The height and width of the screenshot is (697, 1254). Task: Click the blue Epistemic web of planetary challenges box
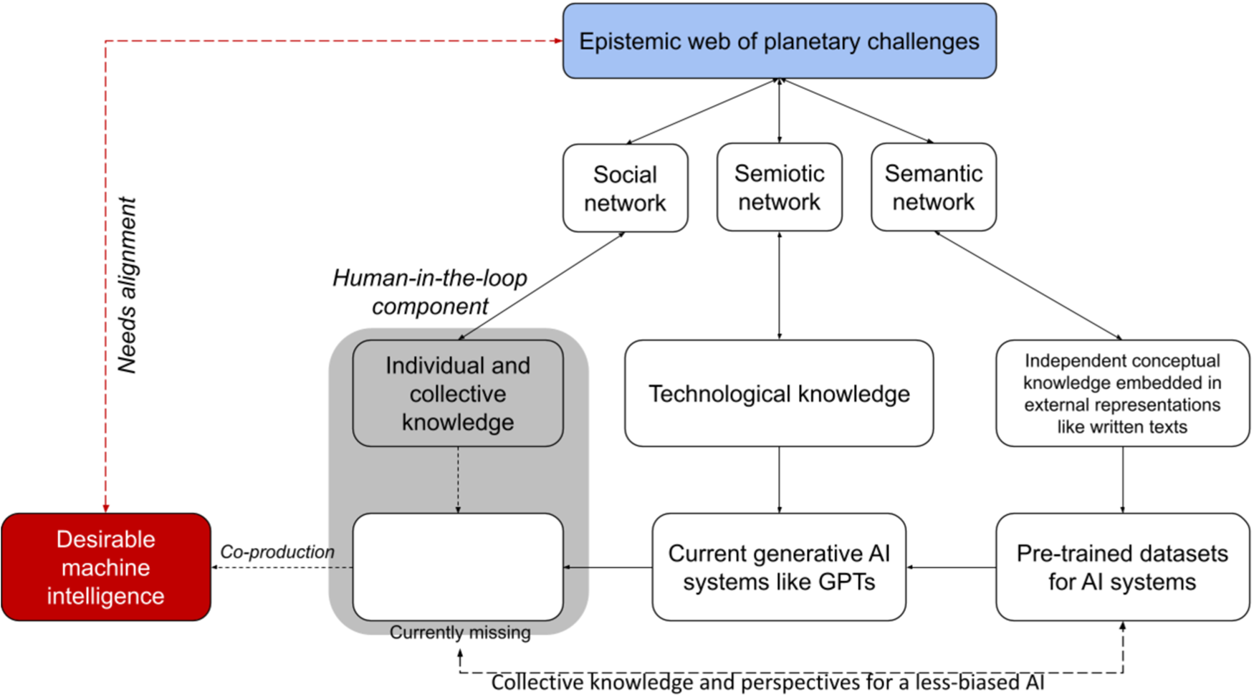pyautogui.click(x=779, y=42)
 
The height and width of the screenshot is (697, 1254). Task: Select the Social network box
pyautogui.click(x=625, y=188)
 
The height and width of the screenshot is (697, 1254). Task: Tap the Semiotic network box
pyautogui.click(x=779, y=188)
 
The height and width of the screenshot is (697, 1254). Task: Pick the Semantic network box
pyautogui.click(x=933, y=188)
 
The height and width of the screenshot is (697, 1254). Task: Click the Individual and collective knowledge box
pyautogui.click(x=457, y=393)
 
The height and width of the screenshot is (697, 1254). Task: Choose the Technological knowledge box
pyautogui.click(x=779, y=393)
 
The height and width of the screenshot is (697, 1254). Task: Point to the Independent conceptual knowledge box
pyautogui.click(x=1122, y=393)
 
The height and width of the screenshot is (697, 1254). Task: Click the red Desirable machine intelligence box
pyautogui.click(x=105, y=567)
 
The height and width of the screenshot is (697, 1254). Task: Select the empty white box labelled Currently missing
pyautogui.click(x=457, y=567)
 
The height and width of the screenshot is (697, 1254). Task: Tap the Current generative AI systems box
pyautogui.click(x=779, y=567)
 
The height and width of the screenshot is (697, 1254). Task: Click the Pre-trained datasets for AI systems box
pyautogui.click(x=1122, y=567)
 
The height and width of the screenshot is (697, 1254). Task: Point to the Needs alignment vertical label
pyautogui.click(x=128, y=285)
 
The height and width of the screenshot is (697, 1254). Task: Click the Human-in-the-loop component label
pyautogui.click(x=430, y=292)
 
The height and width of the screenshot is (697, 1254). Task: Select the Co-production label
pyautogui.click(x=277, y=552)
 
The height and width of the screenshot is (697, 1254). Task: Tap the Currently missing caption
pyautogui.click(x=460, y=633)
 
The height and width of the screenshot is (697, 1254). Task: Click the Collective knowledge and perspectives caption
pyautogui.click(x=767, y=683)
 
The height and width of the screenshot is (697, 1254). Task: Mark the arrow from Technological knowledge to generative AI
pyautogui.click(x=779, y=479)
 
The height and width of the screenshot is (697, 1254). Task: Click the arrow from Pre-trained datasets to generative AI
pyautogui.click(x=951, y=567)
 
